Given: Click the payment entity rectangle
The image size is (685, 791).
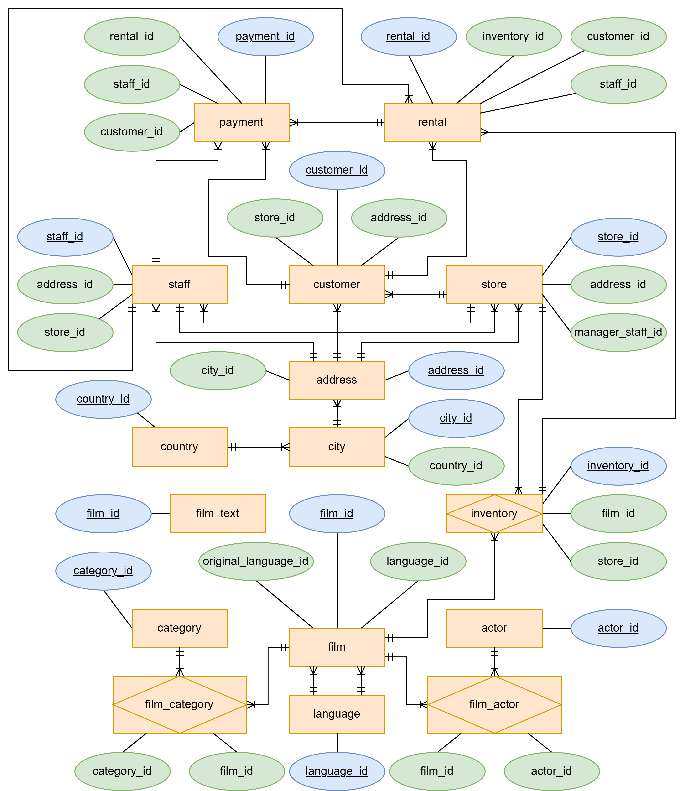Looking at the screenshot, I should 242,122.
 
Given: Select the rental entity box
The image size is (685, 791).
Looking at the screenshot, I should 432,122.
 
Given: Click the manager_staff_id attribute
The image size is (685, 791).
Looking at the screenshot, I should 618,332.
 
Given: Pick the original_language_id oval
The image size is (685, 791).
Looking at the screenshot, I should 256,561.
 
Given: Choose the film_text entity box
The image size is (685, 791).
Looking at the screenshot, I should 218,513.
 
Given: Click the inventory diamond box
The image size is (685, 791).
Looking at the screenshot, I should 494,513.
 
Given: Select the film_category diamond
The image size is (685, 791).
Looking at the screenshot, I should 179,704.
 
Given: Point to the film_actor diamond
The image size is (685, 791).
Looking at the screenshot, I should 494,704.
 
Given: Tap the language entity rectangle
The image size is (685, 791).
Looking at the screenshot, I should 337,714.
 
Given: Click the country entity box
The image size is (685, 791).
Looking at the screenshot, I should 179,447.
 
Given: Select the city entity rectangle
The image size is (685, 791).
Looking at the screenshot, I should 337,447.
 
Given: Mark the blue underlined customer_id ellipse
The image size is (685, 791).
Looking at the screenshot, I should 337,170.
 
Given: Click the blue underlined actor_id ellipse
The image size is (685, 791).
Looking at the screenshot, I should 618,628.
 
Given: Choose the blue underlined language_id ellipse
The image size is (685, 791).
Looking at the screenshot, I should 337,771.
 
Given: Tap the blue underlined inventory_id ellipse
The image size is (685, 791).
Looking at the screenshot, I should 618,466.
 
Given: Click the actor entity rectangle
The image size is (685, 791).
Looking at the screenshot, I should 494,628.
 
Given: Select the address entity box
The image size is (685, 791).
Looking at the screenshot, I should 337,380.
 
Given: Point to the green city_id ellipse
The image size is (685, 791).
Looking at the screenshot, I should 218,370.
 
